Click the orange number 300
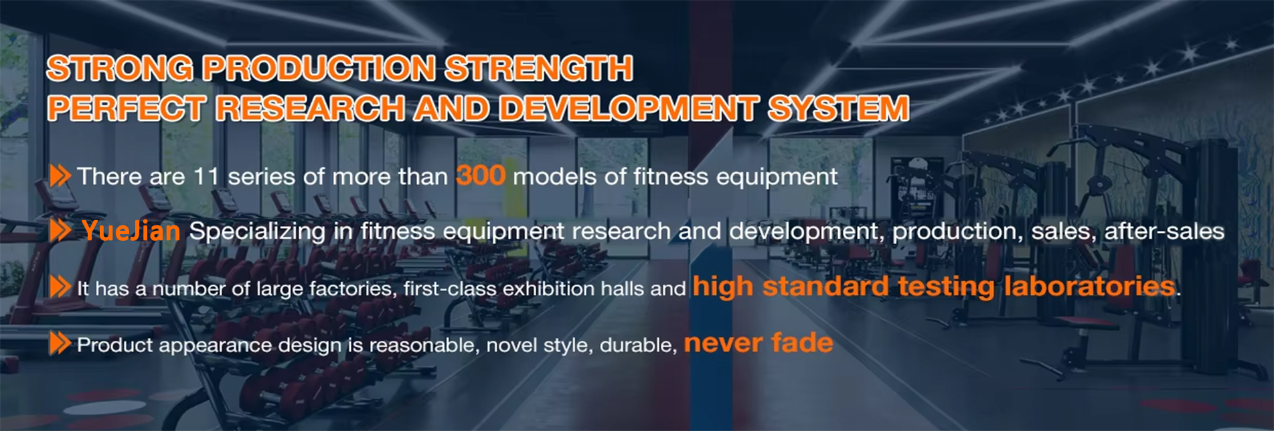click(x=480, y=175)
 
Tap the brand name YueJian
click(x=131, y=231)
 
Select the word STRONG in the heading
click(x=120, y=68)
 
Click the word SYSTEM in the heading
click(x=838, y=108)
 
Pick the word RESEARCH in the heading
click(x=310, y=108)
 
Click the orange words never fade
click(x=759, y=343)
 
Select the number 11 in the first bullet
click(x=206, y=177)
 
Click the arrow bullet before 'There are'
click(x=60, y=176)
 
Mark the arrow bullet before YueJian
click(x=60, y=231)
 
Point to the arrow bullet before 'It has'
click(x=60, y=287)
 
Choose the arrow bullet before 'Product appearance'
click(x=60, y=344)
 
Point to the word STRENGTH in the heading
click(x=539, y=68)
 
